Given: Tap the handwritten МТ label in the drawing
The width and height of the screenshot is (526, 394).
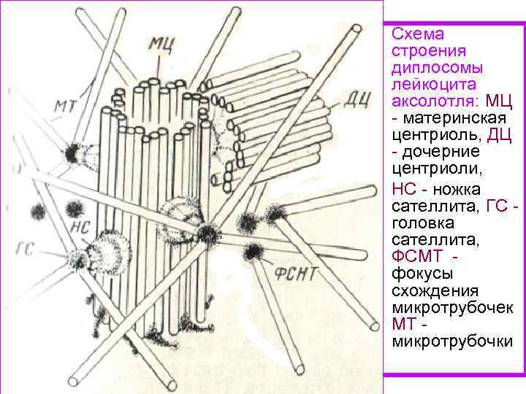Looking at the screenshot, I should click(x=67, y=108).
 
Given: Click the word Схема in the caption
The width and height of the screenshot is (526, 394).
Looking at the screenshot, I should click(x=418, y=34).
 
